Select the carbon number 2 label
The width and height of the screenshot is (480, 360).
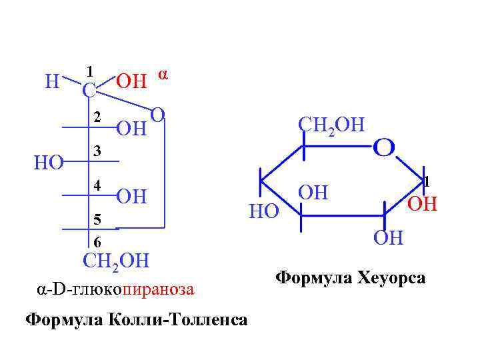coord(97,117)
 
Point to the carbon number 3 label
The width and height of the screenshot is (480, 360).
coord(97,151)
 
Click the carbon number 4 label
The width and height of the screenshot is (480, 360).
coord(97,185)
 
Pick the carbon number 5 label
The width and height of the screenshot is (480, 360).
coord(97,218)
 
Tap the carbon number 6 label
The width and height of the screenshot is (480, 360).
coord(97,241)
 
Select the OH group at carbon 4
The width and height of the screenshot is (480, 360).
coord(131,197)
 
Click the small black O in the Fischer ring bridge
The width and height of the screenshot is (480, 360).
coord(157,114)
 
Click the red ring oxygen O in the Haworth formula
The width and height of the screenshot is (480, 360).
coord(384,146)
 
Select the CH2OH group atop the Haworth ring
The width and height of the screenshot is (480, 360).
coord(331,124)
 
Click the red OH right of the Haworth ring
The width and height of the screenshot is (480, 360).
coord(422,203)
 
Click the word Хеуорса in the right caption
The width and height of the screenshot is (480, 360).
coord(393,277)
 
